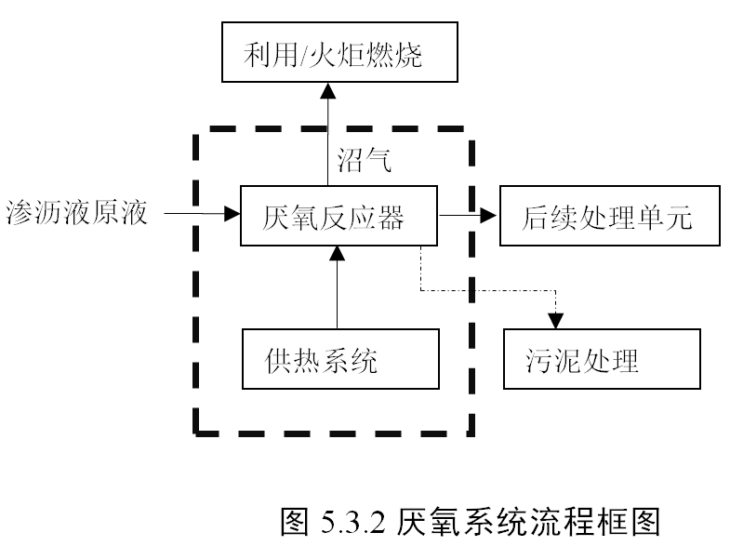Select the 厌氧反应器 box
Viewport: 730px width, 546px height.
click(x=339, y=216)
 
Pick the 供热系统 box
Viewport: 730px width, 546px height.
click(x=339, y=359)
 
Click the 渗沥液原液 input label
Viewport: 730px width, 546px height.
click(x=75, y=214)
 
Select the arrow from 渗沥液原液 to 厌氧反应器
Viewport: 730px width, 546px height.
click(x=201, y=215)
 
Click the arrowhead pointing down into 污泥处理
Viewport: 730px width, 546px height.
click(x=555, y=320)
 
